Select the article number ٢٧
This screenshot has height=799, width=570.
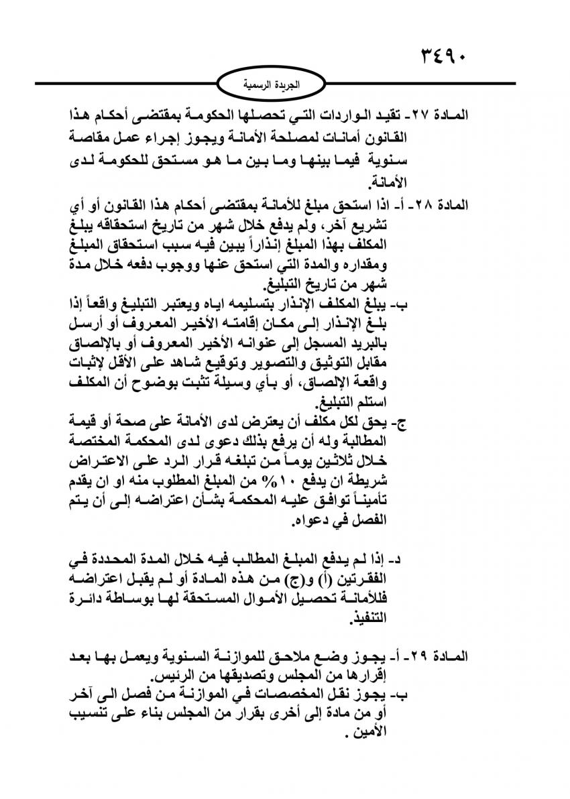[427, 115]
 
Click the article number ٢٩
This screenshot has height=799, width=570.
[427, 654]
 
